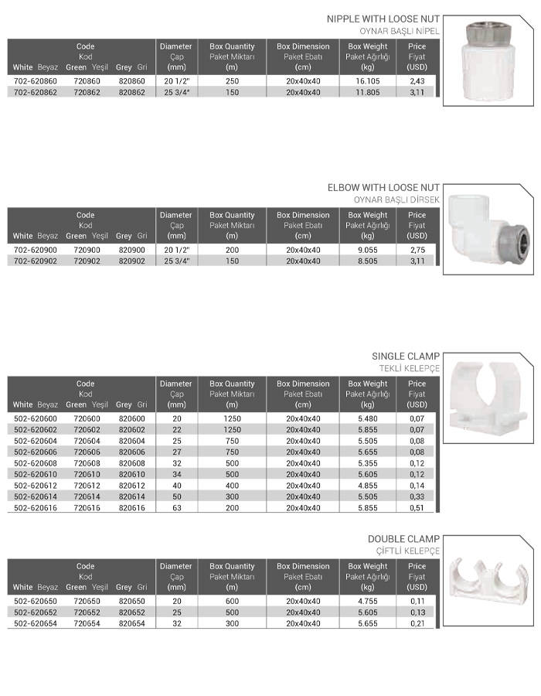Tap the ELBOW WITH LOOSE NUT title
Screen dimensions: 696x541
(x=383, y=188)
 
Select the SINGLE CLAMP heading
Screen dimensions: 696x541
(x=406, y=357)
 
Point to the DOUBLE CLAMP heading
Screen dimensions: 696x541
(x=403, y=539)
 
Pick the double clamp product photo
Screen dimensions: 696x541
(x=488, y=579)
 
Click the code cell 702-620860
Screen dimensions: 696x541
(x=36, y=81)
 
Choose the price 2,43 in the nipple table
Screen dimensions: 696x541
(x=417, y=81)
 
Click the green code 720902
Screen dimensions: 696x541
(x=85, y=261)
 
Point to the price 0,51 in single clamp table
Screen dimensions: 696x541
(x=417, y=508)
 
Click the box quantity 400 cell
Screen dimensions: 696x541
(x=232, y=486)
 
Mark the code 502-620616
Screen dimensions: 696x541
(x=36, y=508)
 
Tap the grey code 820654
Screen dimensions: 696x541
(x=131, y=623)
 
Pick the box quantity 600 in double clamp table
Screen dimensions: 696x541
(x=232, y=601)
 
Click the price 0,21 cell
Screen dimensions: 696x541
(x=417, y=623)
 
